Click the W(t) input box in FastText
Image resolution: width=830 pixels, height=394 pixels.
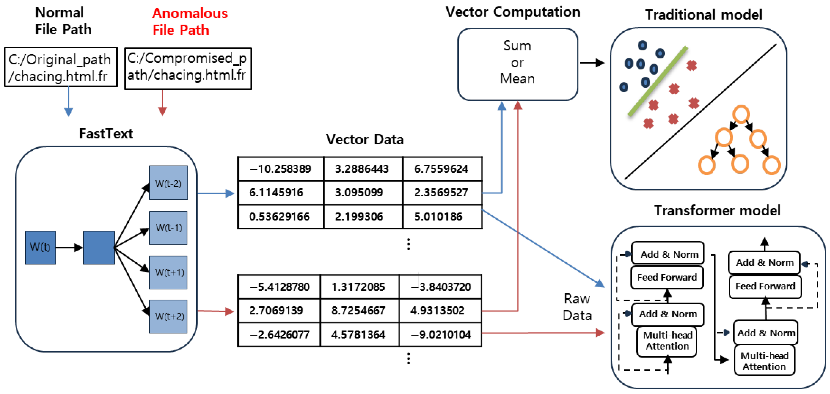41,247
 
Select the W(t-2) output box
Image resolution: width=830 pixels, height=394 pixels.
169,183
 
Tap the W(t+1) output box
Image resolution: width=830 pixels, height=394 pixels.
169,272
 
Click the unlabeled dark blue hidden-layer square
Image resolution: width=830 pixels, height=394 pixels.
99,247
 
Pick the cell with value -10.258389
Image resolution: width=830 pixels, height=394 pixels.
280,169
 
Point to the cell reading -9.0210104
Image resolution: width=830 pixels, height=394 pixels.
440,335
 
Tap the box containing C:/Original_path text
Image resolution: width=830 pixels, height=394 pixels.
61,67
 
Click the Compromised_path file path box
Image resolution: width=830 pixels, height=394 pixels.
188,69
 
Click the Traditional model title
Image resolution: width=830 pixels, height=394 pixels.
703,15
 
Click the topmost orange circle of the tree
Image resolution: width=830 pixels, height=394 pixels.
741,114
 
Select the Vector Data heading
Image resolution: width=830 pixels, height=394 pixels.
365,140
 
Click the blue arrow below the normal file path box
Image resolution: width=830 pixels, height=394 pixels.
69,101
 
